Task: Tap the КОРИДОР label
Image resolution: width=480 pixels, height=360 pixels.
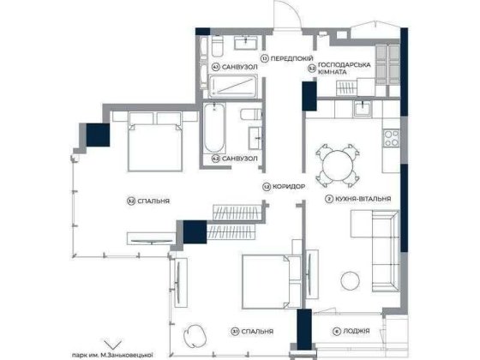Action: tap(284, 186)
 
